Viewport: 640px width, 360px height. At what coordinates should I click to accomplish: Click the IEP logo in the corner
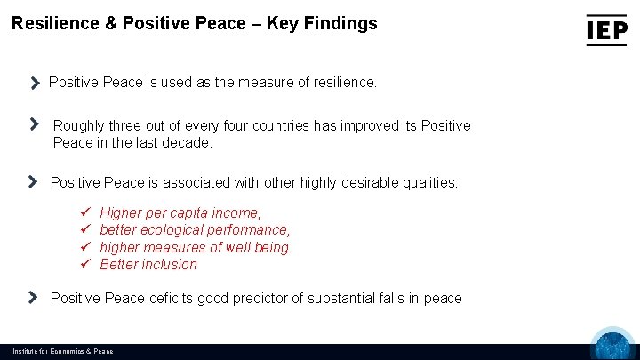tap(606, 30)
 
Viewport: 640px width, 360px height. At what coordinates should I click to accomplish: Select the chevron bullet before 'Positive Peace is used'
tap(35, 83)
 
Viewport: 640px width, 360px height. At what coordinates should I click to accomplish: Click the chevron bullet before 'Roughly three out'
tap(35, 124)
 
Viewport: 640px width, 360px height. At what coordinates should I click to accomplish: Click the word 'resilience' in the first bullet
tap(343, 82)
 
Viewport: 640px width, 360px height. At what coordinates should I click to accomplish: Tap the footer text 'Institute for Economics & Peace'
tap(62, 352)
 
